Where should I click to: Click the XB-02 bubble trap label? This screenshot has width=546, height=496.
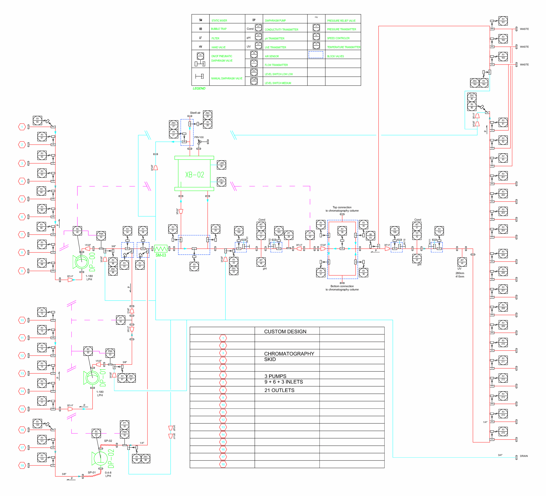(x=195, y=175)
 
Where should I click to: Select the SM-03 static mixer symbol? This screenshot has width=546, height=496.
(x=161, y=249)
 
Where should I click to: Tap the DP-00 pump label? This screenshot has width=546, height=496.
(x=92, y=262)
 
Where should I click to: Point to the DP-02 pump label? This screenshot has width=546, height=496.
(x=111, y=458)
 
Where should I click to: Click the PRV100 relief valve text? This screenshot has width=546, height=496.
(x=199, y=137)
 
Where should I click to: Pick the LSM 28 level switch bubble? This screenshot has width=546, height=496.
(x=222, y=165)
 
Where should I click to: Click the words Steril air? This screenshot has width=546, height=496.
(x=195, y=113)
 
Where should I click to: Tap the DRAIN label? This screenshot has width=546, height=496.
(x=524, y=456)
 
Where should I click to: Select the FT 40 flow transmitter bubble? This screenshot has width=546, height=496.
(x=310, y=235)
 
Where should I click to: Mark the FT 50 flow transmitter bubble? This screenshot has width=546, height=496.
(x=121, y=320)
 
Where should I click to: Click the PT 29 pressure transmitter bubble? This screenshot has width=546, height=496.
(x=289, y=235)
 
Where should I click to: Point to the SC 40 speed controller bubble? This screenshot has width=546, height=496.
(x=77, y=230)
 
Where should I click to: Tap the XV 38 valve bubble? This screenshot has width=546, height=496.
(x=342, y=230)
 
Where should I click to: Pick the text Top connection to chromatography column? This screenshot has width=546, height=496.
(x=342, y=209)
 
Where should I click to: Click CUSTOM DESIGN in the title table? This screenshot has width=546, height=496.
(x=285, y=332)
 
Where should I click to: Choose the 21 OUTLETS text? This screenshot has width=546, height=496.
(x=279, y=390)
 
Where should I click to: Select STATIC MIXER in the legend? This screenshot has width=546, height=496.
(x=219, y=20)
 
